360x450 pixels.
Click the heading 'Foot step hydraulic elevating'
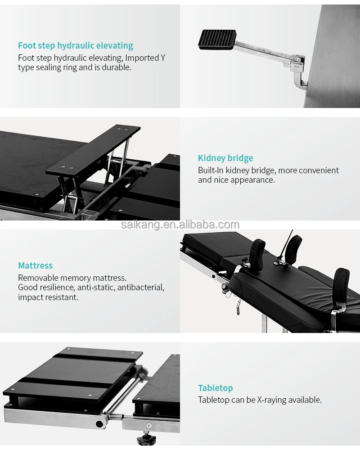(76, 45)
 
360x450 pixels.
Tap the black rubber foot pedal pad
(217, 40)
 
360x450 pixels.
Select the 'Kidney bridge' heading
(225, 158)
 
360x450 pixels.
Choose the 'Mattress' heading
(35, 265)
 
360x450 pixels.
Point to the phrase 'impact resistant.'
(48, 297)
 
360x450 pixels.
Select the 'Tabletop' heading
(216, 388)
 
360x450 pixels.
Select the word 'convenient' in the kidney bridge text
(318, 171)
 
